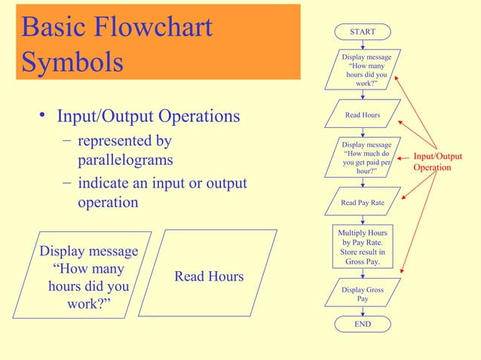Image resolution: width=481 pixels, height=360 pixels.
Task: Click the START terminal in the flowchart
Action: pos(363,32)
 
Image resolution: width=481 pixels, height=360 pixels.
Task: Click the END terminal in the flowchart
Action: pos(363,324)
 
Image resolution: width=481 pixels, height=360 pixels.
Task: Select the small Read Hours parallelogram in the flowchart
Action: pos(363,115)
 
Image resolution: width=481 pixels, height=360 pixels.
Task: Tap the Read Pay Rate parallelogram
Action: pos(363,203)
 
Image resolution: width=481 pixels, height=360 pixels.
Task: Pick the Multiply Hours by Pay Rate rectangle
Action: pos(363,248)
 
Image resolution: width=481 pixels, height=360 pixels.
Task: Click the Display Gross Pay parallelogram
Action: pos(363,294)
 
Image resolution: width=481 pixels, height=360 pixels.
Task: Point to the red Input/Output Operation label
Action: pos(437,162)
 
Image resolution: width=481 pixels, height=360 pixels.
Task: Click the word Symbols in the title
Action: pos(72,63)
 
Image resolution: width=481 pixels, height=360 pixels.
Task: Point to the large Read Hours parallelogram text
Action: pos(209,276)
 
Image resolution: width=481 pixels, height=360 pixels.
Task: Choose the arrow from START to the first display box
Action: pos(363,44)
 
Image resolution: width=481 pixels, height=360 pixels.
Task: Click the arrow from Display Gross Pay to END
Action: pos(363,311)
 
